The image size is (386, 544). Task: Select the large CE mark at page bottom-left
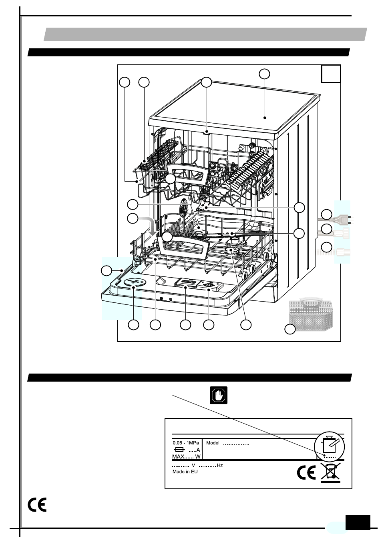click(37, 505)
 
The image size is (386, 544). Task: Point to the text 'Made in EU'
click(185, 472)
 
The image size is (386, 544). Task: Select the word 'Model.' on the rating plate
click(213, 443)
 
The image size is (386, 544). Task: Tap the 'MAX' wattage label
click(178, 456)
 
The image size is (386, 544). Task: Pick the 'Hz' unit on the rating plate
click(219, 465)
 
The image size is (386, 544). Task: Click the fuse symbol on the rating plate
click(180, 450)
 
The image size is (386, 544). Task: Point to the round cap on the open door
click(133, 283)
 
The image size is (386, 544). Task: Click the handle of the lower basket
click(184, 249)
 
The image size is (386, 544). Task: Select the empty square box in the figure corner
click(331, 74)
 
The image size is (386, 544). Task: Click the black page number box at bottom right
click(358, 522)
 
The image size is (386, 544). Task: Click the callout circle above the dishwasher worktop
click(264, 74)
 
